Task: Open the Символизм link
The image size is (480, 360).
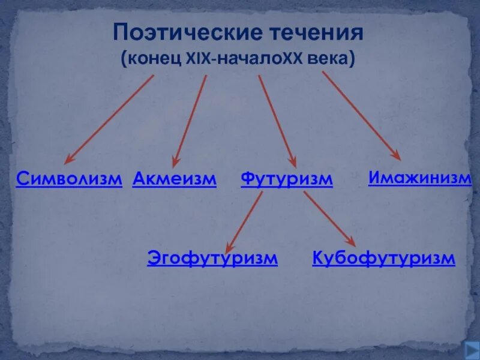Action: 69,178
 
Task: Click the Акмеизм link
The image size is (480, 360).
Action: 174,178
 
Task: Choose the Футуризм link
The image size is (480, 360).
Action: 286,179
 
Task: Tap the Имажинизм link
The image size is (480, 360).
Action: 419,178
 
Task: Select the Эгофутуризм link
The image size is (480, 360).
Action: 212,259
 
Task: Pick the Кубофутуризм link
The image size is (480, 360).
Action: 384,259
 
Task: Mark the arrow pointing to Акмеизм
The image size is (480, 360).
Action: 190,120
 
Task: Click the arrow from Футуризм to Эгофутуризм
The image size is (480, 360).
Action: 244,222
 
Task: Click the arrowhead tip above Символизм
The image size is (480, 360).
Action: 65,163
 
